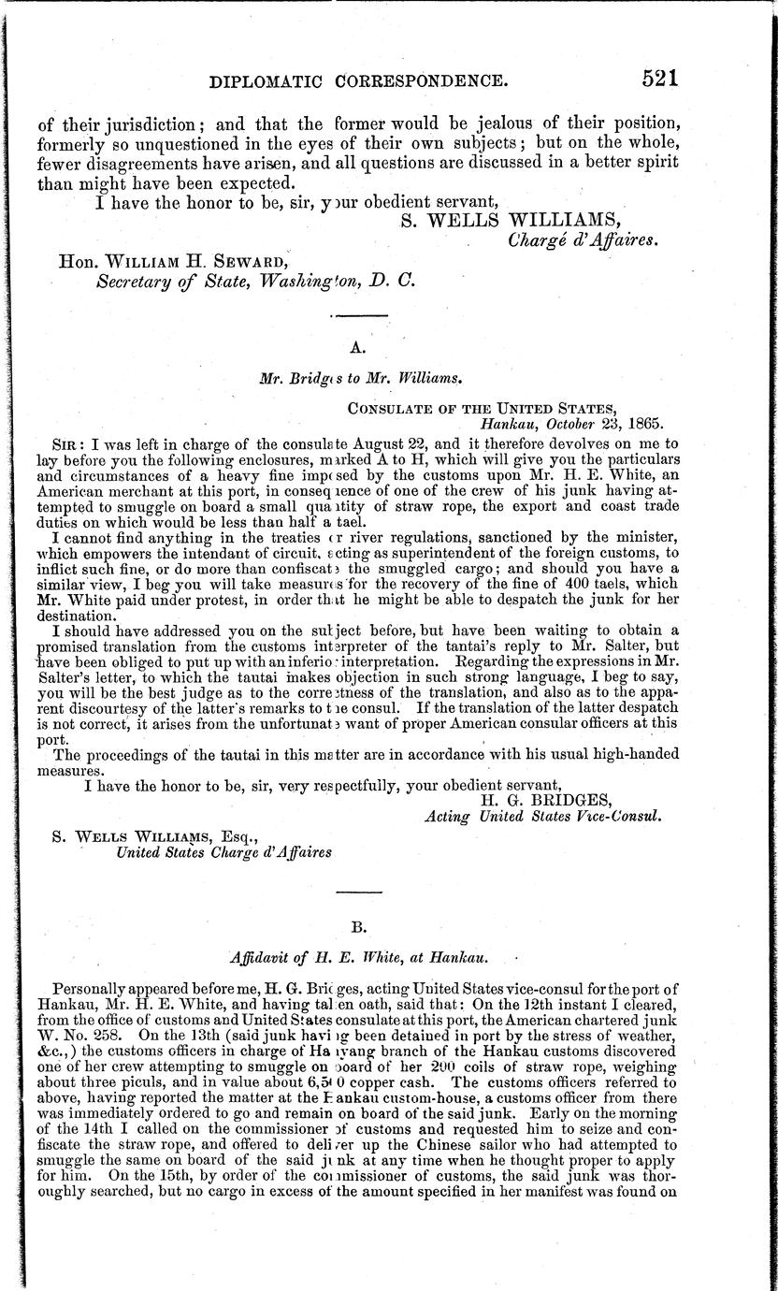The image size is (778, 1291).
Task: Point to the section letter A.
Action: tap(355, 347)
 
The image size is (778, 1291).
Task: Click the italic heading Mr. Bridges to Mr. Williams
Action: tap(355, 381)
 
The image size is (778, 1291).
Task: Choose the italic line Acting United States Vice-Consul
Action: tap(543, 816)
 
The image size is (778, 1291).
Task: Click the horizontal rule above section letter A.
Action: tap(355, 321)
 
